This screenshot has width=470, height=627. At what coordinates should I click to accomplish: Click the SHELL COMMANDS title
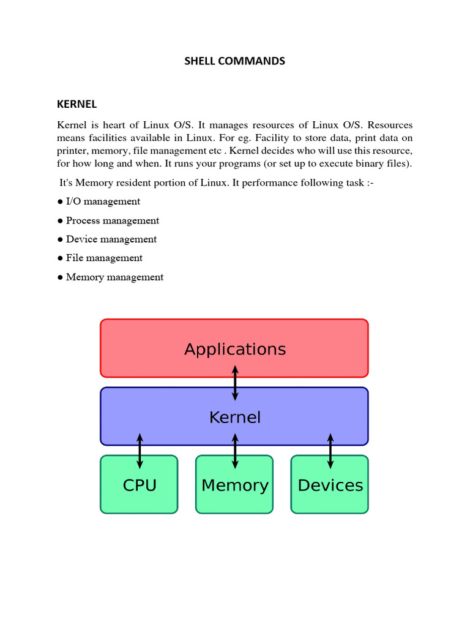click(235, 61)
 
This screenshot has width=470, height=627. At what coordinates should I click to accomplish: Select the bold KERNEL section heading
click(77, 104)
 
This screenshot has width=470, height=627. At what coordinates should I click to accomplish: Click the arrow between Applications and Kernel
click(235, 383)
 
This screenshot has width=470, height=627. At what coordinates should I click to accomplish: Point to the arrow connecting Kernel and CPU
click(140, 451)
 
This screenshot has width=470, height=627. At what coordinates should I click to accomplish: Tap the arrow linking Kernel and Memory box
click(235, 451)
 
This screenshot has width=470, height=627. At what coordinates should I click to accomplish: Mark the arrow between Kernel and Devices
click(330, 451)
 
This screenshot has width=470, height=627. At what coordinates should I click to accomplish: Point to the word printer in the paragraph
click(72, 151)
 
